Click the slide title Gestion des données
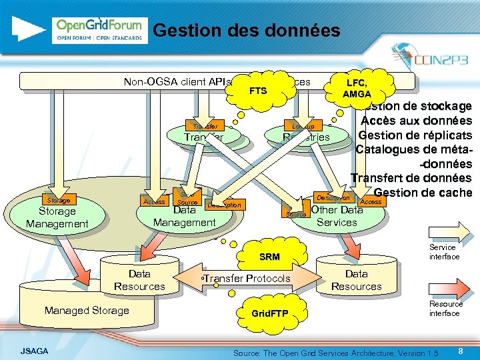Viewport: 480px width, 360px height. [x=246, y=31]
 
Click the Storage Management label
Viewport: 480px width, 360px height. [x=57, y=217]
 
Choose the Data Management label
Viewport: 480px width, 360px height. [x=184, y=216]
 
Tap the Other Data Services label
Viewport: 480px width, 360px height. [x=337, y=216]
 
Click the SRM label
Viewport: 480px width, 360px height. [x=269, y=256]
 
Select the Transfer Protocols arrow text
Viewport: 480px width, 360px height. [x=247, y=278]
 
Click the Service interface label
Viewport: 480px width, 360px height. [x=443, y=252]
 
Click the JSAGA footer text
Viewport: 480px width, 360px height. [x=34, y=350]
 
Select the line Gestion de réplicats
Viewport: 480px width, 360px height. [x=415, y=135]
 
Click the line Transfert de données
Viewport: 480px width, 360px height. [x=411, y=178]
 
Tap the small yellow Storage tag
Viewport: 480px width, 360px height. [x=55, y=200]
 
